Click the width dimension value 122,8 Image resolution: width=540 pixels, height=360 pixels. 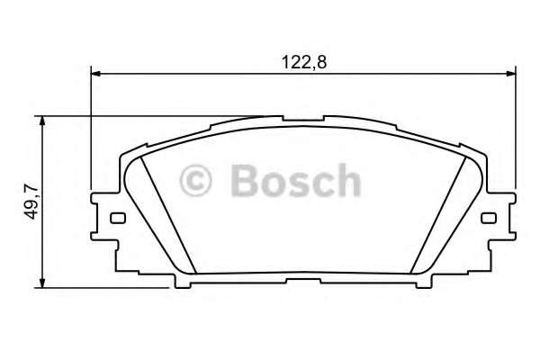point(303,62)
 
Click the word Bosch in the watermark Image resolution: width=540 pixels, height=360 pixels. point(294,181)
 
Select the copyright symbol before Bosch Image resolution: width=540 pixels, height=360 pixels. point(197,181)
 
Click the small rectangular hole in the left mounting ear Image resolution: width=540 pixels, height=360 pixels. point(115,218)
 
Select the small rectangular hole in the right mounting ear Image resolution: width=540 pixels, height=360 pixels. point(489,218)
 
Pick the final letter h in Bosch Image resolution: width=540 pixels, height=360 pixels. point(346,181)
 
